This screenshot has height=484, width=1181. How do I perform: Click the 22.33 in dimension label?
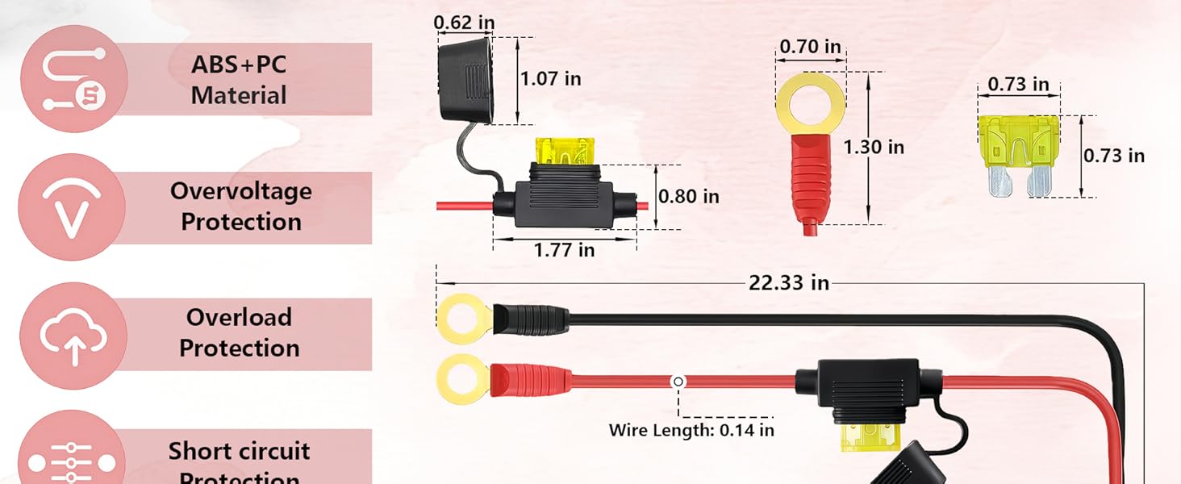pyautogui.click(x=788, y=283)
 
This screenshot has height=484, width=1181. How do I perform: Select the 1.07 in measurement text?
pyautogui.click(x=550, y=78)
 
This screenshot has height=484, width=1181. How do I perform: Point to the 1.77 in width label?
pyautogui.click(x=564, y=250)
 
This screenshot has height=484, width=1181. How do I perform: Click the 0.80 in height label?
pyautogui.click(x=688, y=196)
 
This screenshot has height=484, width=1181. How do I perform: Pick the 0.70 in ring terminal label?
pyautogui.click(x=810, y=47)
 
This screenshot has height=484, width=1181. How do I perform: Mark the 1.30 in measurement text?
pyautogui.click(x=874, y=147)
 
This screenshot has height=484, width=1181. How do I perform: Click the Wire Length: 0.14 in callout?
pyautogui.click(x=691, y=429)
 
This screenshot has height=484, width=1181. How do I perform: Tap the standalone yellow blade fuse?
pyautogui.click(x=1019, y=156)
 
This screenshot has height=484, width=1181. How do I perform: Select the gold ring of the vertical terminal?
pyautogui.click(x=811, y=105)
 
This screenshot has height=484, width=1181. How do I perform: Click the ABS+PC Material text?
pyautogui.click(x=239, y=80)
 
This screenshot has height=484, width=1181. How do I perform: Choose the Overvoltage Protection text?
pyautogui.click(x=240, y=207)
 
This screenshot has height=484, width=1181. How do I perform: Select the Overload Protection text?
pyautogui.click(x=239, y=332)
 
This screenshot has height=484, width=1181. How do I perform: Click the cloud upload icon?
pyautogui.click(x=73, y=336)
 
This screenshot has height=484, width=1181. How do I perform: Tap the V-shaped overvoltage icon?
pyautogui.click(x=72, y=207)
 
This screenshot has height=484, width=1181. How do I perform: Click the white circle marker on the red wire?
pyautogui.click(x=678, y=382)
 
